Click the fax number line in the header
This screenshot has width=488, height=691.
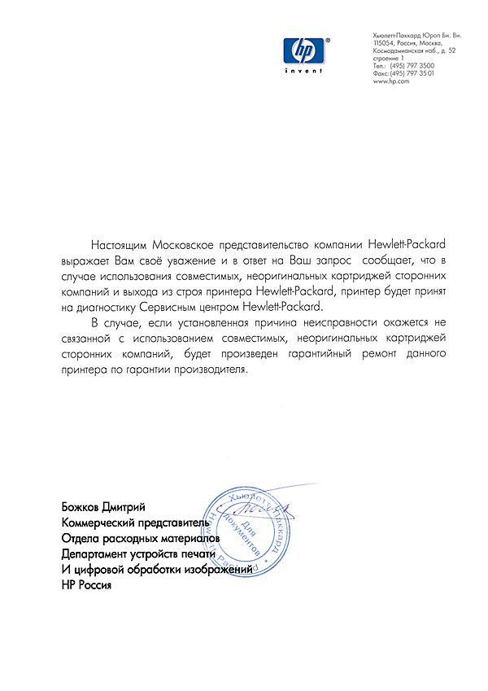coord(403,73)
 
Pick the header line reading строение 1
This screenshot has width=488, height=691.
coord(388,59)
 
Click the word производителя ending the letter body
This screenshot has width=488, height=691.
coord(204,370)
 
